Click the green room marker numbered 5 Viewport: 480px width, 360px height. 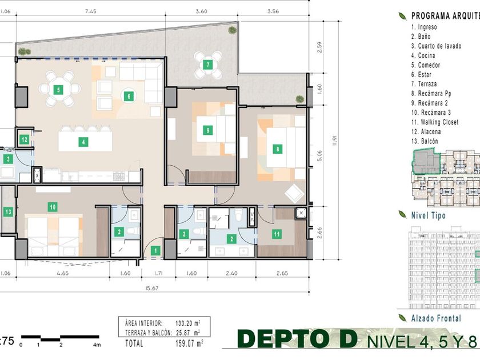[x=58, y=90]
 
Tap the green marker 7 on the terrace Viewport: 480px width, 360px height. [x=208, y=65]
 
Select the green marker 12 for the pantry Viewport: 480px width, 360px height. [x=24, y=140]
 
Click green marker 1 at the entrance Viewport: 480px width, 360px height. [x=155, y=251]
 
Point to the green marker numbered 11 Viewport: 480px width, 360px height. [x=277, y=234]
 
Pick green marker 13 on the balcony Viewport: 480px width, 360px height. [x=8, y=211]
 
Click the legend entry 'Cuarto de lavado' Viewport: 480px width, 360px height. [x=436, y=46]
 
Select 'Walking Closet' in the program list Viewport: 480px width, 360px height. [x=435, y=122]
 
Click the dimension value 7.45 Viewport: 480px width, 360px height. [x=91, y=11]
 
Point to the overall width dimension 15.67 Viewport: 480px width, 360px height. [x=152, y=288]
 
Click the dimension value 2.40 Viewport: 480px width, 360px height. [x=231, y=273]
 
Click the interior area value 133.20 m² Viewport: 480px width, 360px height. [x=188, y=323]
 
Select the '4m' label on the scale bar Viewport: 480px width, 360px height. [x=97, y=345]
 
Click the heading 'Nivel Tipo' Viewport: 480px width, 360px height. [x=428, y=215]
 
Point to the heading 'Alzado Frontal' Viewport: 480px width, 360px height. [x=436, y=318]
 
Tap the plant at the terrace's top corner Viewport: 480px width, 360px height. [x=232, y=30]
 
